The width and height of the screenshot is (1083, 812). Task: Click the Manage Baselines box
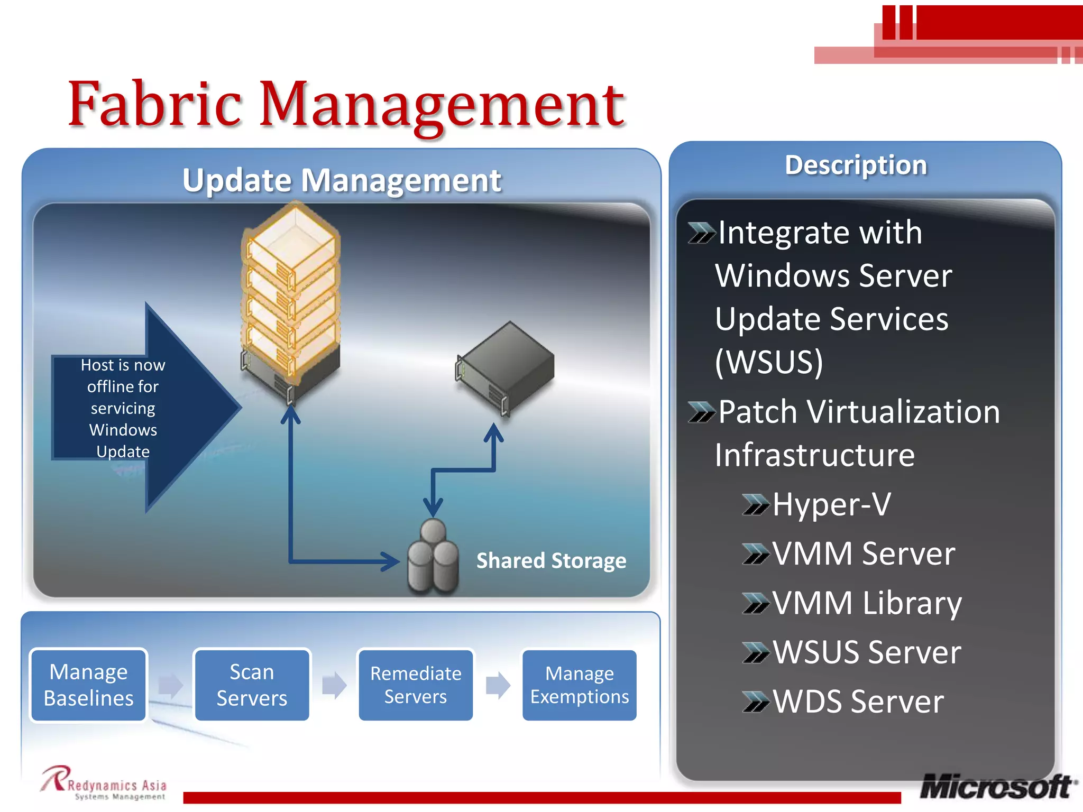point(88,685)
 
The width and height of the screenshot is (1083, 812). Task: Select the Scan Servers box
point(252,685)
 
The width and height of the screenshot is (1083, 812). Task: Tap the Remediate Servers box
point(416,685)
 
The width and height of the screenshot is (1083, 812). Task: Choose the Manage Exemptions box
point(580,685)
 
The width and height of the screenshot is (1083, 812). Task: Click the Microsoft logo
point(997,787)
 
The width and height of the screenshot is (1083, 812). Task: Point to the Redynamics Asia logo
point(104,783)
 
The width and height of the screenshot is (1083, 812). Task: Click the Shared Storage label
point(551,561)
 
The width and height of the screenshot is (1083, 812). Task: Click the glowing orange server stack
point(291,296)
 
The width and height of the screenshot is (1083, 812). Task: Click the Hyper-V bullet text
point(831,504)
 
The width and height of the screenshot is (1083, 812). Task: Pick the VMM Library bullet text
point(867,603)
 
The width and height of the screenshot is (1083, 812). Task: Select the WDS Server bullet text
point(858,702)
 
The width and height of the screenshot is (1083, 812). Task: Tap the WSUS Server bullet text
point(867,652)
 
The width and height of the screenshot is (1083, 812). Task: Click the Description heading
point(856,165)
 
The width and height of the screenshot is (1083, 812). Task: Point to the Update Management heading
point(342,180)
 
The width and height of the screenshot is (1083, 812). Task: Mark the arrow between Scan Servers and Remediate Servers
point(334,685)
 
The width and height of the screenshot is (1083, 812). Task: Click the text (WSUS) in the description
point(769,362)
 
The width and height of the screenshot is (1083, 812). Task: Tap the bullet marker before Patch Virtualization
point(701,412)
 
